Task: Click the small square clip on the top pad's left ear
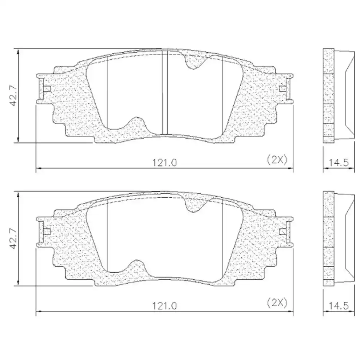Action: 47,88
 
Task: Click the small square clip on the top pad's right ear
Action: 282,88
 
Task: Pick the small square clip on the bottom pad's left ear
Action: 47,232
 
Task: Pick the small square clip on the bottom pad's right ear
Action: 282,232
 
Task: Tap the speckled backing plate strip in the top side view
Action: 329,95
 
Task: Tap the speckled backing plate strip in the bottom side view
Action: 329,238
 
